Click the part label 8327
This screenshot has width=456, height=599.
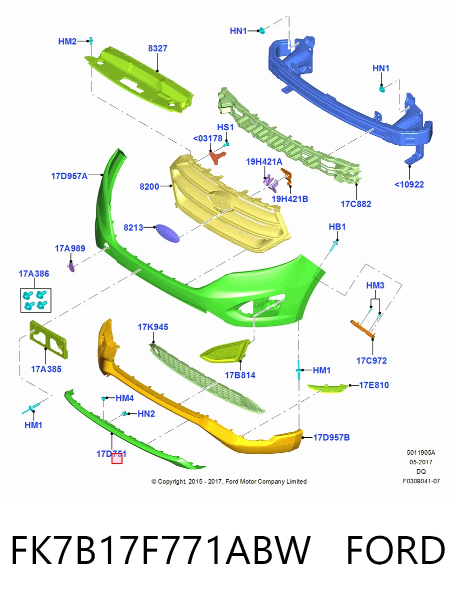(x=157, y=48)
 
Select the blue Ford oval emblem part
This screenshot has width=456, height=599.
(x=167, y=233)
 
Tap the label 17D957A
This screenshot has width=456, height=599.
(x=69, y=176)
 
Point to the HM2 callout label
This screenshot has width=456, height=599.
(x=67, y=41)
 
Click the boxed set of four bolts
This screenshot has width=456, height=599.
(x=36, y=300)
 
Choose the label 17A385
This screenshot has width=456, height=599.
(x=46, y=369)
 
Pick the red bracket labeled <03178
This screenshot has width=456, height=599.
(x=217, y=158)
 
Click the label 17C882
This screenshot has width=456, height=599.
(x=355, y=204)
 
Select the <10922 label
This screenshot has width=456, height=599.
(x=409, y=185)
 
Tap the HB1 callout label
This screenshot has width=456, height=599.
(x=337, y=227)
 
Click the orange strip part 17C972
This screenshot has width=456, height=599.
(x=363, y=329)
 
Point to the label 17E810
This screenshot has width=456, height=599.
(x=374, y=385)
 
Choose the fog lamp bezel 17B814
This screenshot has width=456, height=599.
(x=224, y=351)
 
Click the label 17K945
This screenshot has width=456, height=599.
(x=152, y=327)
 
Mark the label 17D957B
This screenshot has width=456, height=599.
(x=331, y=437)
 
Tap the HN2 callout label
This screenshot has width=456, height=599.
(x=146, y=414)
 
